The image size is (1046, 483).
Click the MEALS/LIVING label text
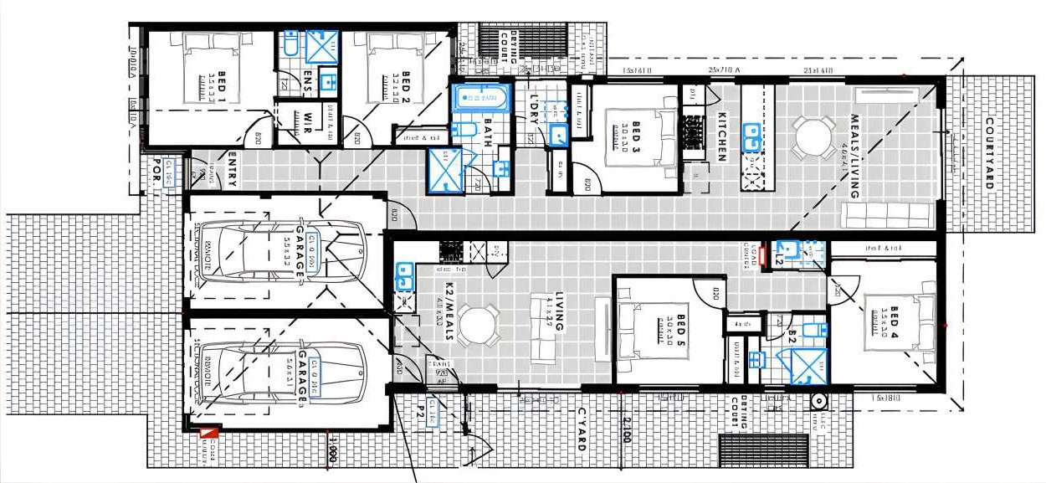click(855, 156)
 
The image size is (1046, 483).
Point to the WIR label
click(308, 121)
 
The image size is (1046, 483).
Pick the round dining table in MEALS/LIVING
click(813, 136)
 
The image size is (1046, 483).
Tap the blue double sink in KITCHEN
click(751, 136)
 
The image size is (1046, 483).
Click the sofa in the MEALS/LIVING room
click(887, 215)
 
